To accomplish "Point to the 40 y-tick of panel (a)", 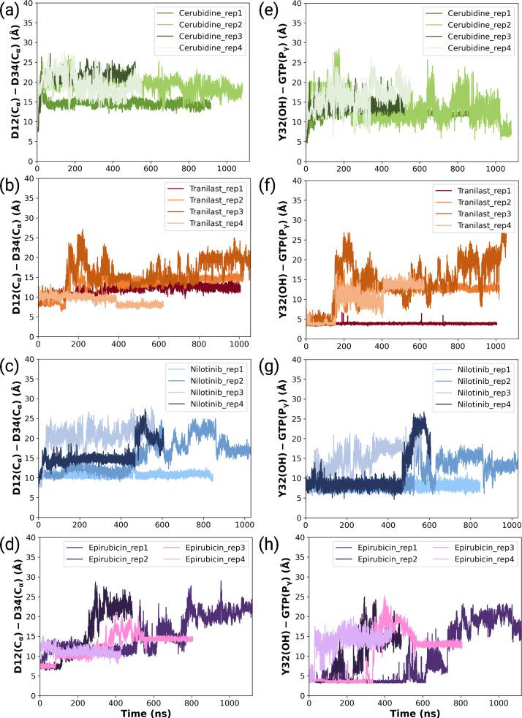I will tap(26, 4).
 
